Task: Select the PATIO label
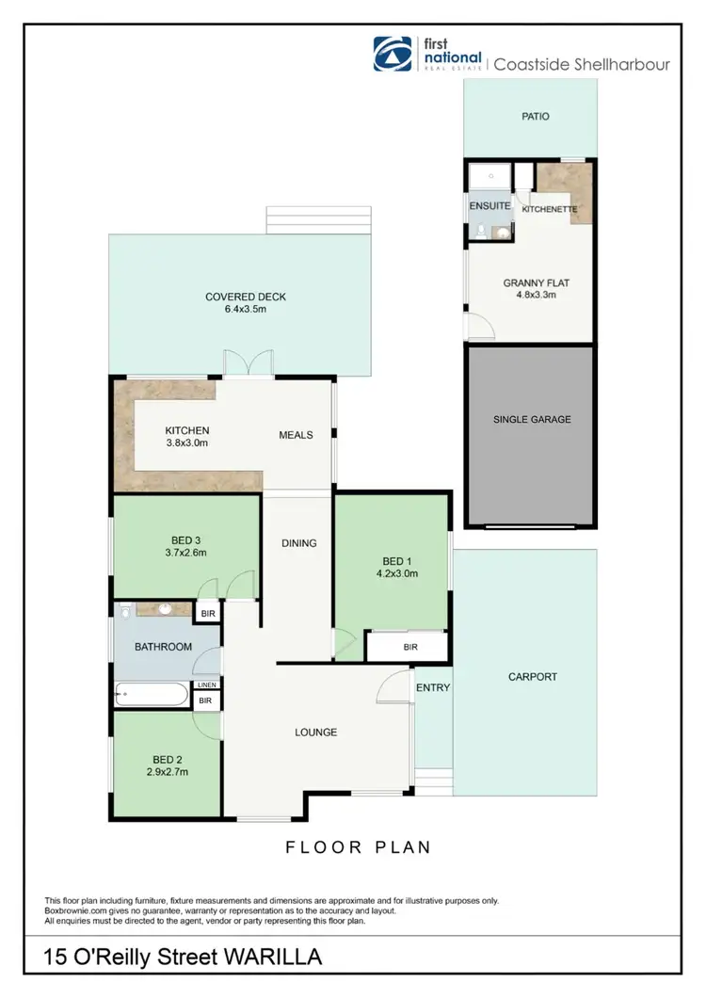pos(536,118)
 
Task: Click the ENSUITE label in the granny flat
pos(489,205)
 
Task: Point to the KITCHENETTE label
pos(549,209)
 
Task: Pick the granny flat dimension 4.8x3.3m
pos(529,294)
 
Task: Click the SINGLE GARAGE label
pos(533,419)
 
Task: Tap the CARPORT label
pos(533,676)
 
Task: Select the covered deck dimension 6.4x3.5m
pos(246,309)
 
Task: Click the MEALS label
pos(296,435)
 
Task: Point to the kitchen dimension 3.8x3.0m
pos(186,443)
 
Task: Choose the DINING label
pos(299,543)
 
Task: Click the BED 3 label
pos(186,539)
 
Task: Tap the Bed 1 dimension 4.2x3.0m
pos(395,571)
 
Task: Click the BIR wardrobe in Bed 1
pos(410,647)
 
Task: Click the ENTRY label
pos(433,688)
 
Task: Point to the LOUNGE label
pos(315,732)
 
